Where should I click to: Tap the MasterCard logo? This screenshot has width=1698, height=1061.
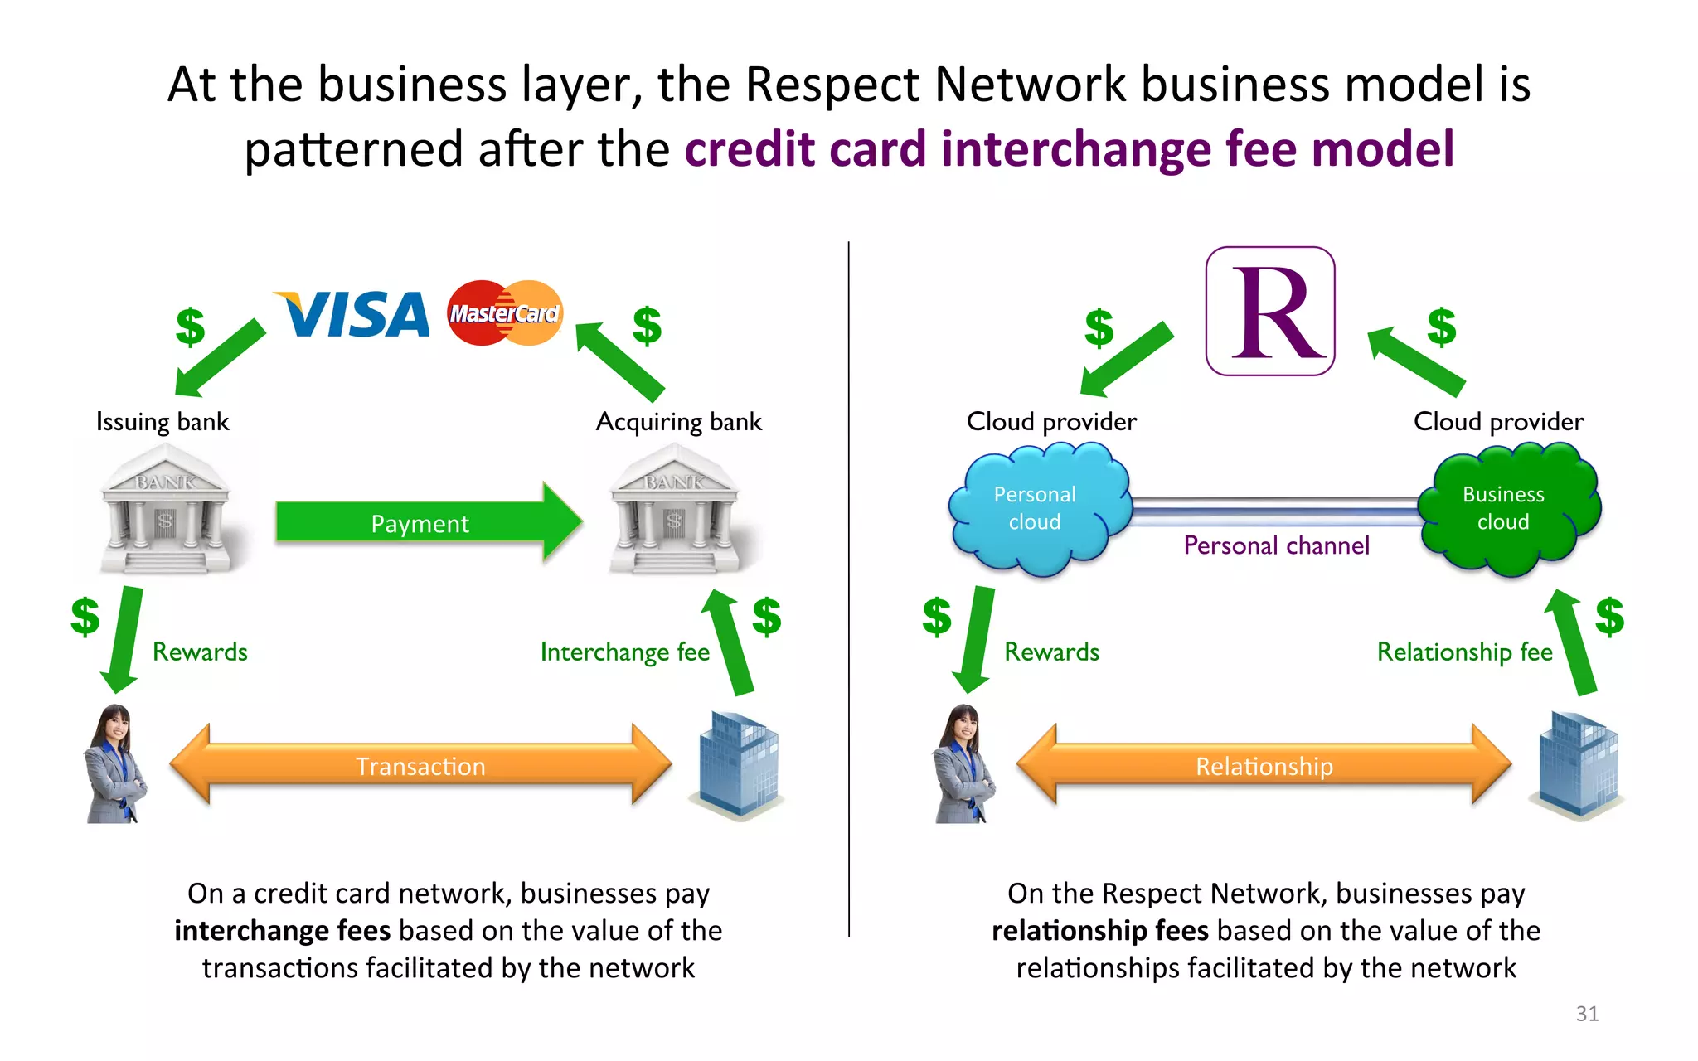coord(505,313)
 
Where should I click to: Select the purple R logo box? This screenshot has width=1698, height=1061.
coord(1270,312)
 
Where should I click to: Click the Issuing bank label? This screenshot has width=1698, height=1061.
coord(163,422)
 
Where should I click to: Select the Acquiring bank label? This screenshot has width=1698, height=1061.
coord(678,422)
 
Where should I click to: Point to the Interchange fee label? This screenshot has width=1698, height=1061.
coord(624,652)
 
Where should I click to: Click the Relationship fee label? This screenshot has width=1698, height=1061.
coord(1464,652)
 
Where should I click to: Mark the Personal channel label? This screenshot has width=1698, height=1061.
coord(1276,545)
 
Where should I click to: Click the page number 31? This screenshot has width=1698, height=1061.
coord(1587,1013)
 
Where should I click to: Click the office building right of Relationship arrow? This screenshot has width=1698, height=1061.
coord(1577,764)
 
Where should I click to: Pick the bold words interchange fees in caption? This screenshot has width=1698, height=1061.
coord(282,931)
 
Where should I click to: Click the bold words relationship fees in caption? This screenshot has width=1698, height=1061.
coord(1099,931)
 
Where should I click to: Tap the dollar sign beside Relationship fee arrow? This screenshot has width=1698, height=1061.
coord(1609,617)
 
